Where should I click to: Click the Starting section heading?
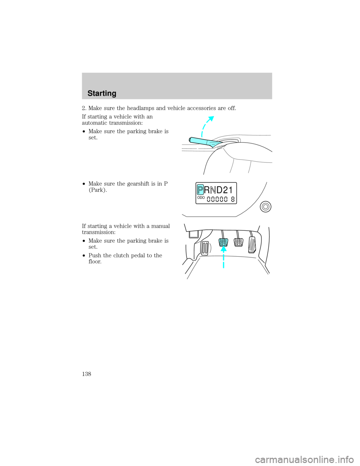click(x=102, y=94)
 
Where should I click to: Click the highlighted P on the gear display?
click(x=200, y=190)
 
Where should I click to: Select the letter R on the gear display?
click(x=207, y=190)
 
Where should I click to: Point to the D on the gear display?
click(x=219, y=190)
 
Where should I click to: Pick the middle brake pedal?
click(x=238, y=242)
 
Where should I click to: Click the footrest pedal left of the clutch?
click(x=205, y=248)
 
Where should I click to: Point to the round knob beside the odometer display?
click(x=265, y=207)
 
